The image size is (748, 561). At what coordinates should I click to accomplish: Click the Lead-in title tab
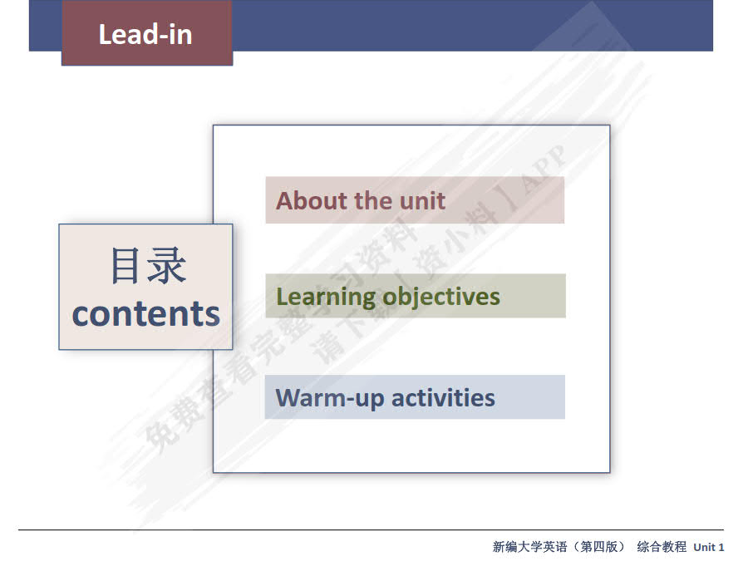(x=146, y=34)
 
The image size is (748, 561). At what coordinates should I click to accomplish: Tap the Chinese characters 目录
(x=147, y=267)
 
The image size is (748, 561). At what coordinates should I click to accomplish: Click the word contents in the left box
(x=146, y=313)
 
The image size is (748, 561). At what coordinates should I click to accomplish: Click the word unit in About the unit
(x=422, y=200)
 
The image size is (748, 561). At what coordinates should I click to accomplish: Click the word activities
(x=443, y=397)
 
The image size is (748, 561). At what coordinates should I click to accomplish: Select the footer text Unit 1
(x=709, y=547)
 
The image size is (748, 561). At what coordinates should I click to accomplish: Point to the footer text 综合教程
(x=662, y=547)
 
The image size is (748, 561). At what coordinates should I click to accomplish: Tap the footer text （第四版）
(x=597, y=547)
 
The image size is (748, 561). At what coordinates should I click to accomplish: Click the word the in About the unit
(x=373, y=200)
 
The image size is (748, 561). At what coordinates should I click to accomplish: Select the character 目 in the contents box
(x=127, y=267)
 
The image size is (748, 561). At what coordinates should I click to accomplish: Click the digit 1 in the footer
(x=721, y=547)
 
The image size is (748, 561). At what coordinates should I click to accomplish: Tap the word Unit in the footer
(x=704, y=547)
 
